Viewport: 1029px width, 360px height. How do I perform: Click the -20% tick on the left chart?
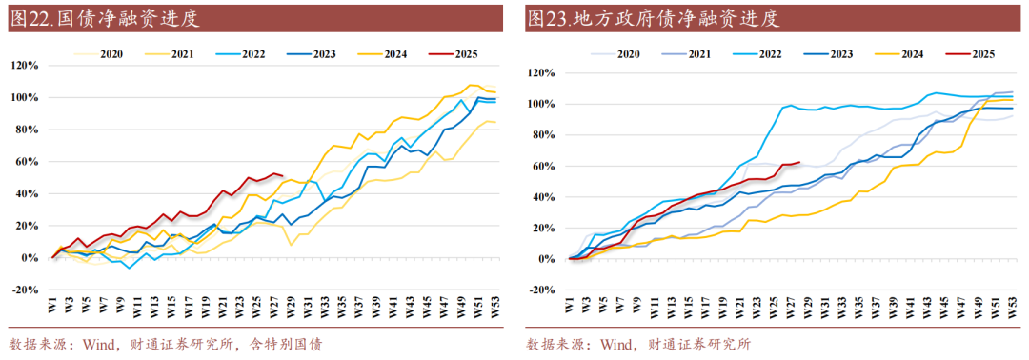pyautogui.click(x=24, y=290)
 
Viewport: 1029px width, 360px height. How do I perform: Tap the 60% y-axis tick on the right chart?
pyautogui.click(x=542, y=166)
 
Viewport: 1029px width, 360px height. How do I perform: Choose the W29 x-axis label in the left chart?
pyautogui.click(x=283, y=309)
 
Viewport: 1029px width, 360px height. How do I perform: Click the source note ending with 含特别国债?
pyautogui.click(x=164, y=344)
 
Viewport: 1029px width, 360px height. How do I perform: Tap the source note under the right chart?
pyautogui.click(x=637, y=344)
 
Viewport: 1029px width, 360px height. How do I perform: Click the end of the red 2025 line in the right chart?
pyautogui.click(x=798, y=162)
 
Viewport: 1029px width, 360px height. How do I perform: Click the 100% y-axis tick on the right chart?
pyautogui.click(x=540, y=103)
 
